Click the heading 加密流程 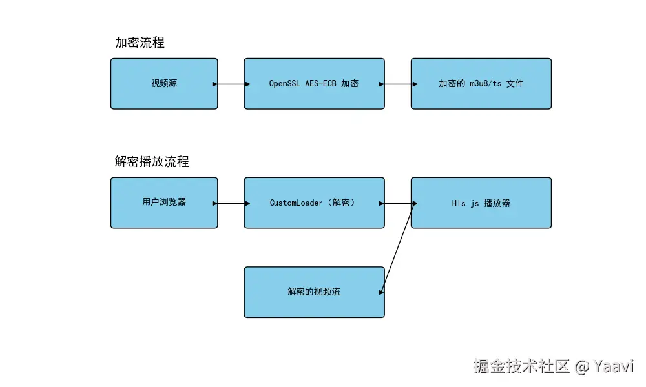click(x=140, y=43)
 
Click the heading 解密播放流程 click(x=152, y=162)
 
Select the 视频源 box click(x=164, y=84)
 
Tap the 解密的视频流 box click(x=314, y=292)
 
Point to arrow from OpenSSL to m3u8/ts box click(x=398, y=84)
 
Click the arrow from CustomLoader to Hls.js click(x=398, y=203)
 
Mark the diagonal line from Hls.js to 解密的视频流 click(x=398, y=248)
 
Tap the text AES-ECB click(x=321, y=84)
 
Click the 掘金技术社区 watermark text click(x=521, y=366)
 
